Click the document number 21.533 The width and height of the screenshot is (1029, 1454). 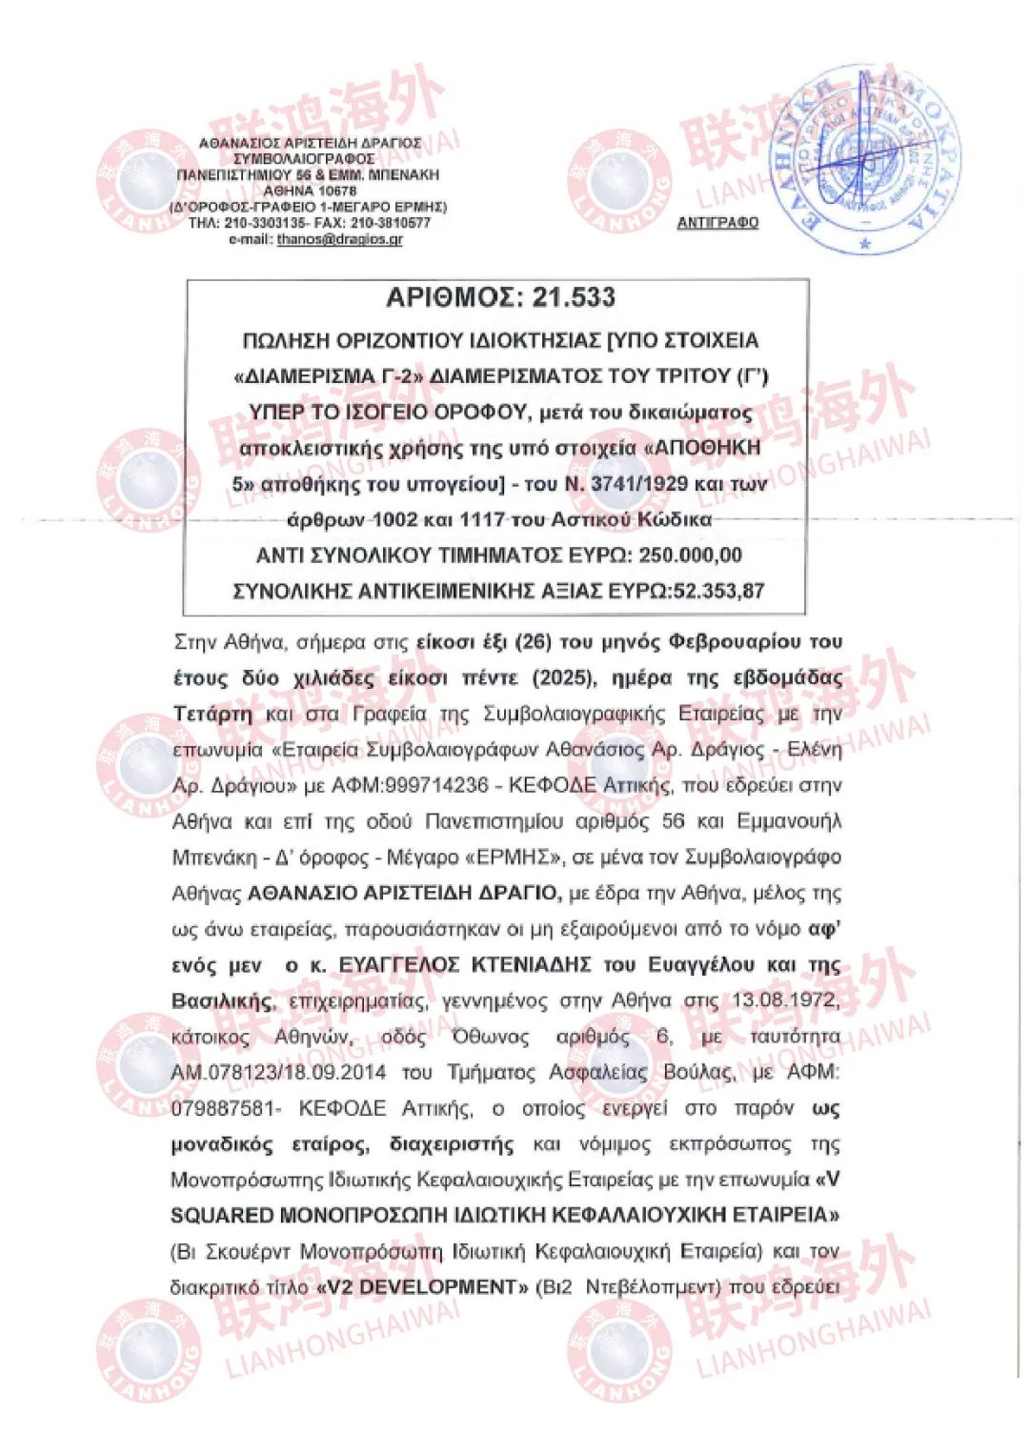574,297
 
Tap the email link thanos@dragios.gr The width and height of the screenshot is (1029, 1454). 339,239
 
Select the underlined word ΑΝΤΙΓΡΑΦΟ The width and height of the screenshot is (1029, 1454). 717,222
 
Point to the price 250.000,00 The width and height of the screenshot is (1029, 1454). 690,555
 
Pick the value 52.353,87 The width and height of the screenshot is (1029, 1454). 719,591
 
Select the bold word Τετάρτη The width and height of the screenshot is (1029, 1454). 213,714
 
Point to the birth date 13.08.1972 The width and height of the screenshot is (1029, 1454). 786,1000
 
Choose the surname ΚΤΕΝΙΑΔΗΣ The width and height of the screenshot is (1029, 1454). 532,964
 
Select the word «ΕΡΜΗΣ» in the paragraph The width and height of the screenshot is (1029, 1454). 511,857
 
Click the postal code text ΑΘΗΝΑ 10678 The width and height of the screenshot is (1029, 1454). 310,191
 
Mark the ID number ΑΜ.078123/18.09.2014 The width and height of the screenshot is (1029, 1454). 278,1073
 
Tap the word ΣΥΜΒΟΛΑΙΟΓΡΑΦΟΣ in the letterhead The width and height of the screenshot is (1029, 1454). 304,158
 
